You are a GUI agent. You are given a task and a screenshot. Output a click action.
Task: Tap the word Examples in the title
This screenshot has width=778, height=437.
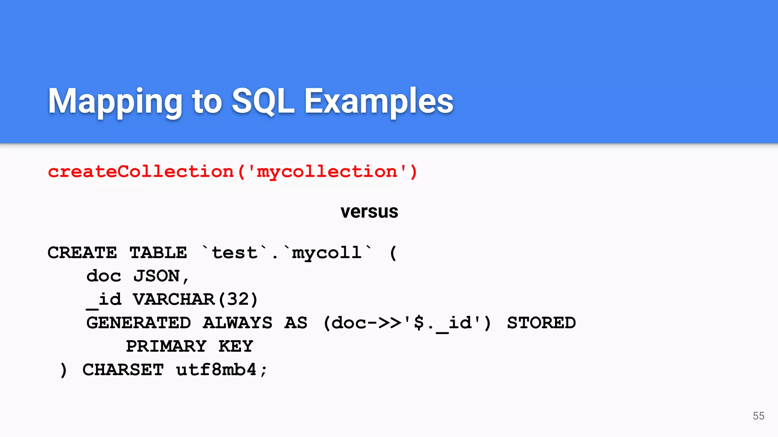click(379, 101)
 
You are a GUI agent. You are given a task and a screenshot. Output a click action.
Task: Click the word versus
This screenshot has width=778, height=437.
click(369, 212)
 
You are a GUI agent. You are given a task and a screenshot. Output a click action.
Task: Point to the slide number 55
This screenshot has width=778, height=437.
click(758, 416)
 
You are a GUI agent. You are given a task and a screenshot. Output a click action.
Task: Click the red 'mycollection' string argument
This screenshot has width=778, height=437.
click(327, 172)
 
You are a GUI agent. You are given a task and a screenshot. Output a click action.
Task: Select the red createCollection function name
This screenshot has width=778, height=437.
click(141, 172)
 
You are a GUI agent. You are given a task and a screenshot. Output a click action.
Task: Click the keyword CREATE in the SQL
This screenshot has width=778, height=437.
click(82, 253)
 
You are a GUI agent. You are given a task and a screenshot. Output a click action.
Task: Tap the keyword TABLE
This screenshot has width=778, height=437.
click(158, 253)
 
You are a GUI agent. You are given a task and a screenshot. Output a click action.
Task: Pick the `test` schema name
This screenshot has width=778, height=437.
click(234, 253)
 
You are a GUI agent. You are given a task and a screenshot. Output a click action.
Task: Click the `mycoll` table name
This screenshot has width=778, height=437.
click(327, 253)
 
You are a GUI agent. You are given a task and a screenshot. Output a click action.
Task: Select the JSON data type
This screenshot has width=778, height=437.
click(157, 276)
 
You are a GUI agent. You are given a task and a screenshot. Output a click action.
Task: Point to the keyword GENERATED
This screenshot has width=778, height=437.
click(138, 323)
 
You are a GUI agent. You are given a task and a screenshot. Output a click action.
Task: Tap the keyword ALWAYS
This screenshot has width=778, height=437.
click(237, 323)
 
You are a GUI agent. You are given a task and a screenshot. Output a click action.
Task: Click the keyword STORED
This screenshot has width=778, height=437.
click(541, 323)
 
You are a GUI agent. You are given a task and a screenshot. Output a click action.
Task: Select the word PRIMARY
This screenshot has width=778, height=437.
click(166, 346)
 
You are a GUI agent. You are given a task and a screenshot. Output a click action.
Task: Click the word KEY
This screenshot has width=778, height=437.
click(236, 346)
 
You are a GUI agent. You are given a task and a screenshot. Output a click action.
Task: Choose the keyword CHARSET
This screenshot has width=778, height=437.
click(123, 370)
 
